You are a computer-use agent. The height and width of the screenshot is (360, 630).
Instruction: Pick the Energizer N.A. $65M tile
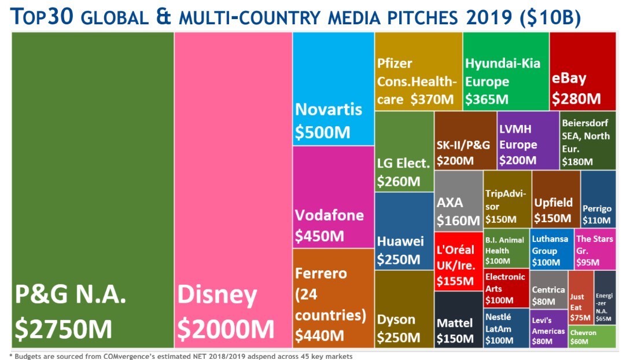tap(605, 297)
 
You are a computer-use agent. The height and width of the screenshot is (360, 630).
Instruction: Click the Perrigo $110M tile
tap(598, 199)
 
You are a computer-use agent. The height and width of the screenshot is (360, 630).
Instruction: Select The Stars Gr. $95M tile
tap(595, 249)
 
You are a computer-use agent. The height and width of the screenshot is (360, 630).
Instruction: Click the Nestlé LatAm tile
tap(506, 328)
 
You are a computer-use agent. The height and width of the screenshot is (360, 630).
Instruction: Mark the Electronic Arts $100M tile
tap(506, 288)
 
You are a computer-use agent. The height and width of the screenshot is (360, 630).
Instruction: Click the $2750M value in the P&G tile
tap(64, 329)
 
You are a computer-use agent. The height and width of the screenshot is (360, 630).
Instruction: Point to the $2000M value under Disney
tap(226, 329)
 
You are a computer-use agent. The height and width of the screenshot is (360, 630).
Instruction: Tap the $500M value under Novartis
tap(323, 133)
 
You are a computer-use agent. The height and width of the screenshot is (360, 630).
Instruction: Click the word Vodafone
tap(329, 215)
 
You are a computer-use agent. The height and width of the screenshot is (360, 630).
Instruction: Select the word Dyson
tap(396, 319)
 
